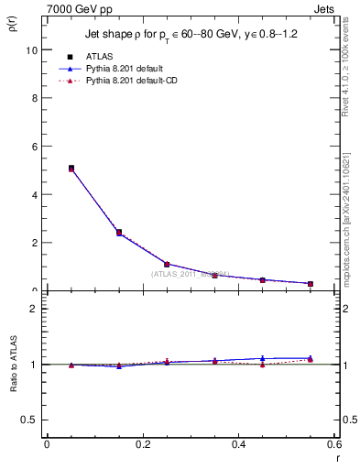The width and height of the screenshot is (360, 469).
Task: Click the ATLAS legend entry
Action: [x=98, y=56]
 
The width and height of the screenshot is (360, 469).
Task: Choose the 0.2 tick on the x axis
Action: [x=143, y=444]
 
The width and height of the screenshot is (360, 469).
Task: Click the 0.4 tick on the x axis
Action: [x=239, y=444]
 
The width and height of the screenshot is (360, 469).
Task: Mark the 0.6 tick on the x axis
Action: [x=334, y=444]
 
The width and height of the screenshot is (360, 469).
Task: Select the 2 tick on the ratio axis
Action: [x=35, y=309]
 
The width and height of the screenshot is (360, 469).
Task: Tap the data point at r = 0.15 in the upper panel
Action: [x=119, y=233]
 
